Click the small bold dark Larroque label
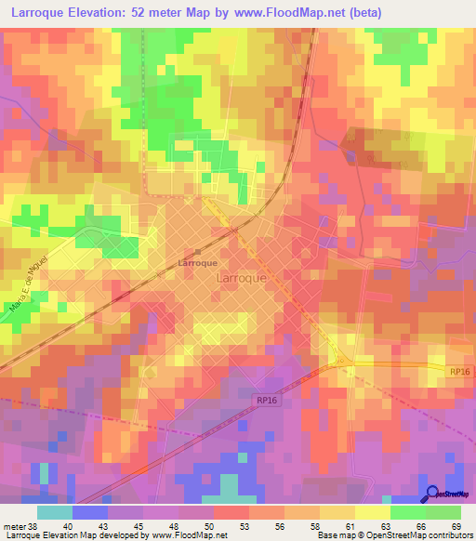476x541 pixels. [197, 263]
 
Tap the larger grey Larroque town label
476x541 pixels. [241, 277]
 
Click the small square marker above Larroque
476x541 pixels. [197, 252]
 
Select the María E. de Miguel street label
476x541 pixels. [25, 290]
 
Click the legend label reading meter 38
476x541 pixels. [20, 525]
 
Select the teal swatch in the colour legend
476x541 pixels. [55, 512]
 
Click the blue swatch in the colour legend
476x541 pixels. [90, 512]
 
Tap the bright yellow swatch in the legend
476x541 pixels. [373, 512]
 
